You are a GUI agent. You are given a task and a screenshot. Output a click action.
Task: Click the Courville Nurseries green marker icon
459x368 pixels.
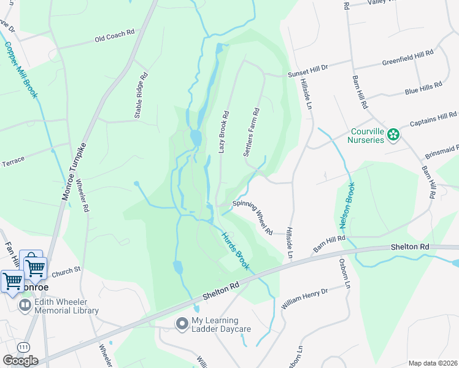pyautogui.click(x=393, y=135)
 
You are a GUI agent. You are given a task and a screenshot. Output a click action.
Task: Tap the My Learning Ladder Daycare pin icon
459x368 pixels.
pyautogui.click(x=181, y=323)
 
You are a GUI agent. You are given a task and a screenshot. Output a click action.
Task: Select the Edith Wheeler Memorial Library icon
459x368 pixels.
pyautogui.click(x=25, y=305)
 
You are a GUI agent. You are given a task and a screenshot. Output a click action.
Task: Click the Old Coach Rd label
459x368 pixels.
pyautogui.click(x=114, y=38)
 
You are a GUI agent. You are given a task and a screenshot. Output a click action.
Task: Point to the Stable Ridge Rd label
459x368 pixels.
pyautogui.click(x=141, y=96)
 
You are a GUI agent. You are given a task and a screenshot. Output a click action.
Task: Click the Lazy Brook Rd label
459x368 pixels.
pyautogui.click(x=225, y=132)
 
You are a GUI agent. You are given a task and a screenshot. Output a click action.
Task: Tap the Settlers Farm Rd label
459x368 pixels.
pyautogui.click(x=252, y=132)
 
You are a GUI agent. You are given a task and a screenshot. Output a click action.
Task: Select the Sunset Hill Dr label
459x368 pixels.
pyautogui.click(x=309, y=72)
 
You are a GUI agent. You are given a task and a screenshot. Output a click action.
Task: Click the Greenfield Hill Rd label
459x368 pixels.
pyautogui.click(x=407, y=58)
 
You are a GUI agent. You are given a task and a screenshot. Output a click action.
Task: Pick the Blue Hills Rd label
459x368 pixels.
pyautogui.click(x=423, y=89)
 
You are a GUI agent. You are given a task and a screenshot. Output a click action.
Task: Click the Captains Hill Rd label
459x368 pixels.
pyautogui.click(x=433, y=117)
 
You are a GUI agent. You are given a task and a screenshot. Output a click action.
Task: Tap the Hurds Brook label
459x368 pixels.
pyautogui.click(x=235, y=250)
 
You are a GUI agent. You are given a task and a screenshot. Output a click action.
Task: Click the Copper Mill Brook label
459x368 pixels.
pyautogui.click(x=22, y=69)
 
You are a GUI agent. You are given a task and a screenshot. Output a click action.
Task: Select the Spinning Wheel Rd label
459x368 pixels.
pyautogui.click(x=252, y=218)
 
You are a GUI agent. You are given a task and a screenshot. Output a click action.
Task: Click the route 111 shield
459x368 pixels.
pyautogui.click(x=21, y=347)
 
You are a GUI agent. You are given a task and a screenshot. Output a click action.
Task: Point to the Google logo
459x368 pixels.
pyautogui.click(x=20, y=361)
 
